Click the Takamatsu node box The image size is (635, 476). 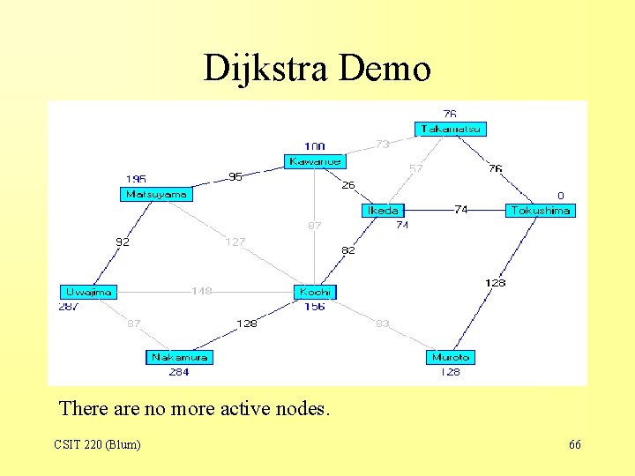pos(451,129)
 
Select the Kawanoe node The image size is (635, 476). pos(315,161)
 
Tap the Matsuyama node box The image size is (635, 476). pos(156,194)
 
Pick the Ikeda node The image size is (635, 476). pos(382,210)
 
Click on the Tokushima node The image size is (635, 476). pos(540,210)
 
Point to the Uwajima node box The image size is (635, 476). pos(88,291)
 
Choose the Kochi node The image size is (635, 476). pos(315,291)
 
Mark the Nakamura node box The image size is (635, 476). pos(179,357)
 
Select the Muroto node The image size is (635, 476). pos(451,357)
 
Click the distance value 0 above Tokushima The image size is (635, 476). pos(560,196)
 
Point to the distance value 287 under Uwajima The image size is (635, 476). pos(69,307)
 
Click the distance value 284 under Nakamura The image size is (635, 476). pos(179,372)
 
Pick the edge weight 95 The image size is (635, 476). pos(235,177)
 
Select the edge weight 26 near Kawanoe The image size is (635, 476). pos(349,185)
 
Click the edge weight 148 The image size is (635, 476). pos(202,291)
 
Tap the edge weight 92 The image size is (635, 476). pos(123,242)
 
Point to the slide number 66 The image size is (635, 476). pos(575,445)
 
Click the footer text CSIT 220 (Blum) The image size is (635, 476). pos(97,445)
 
